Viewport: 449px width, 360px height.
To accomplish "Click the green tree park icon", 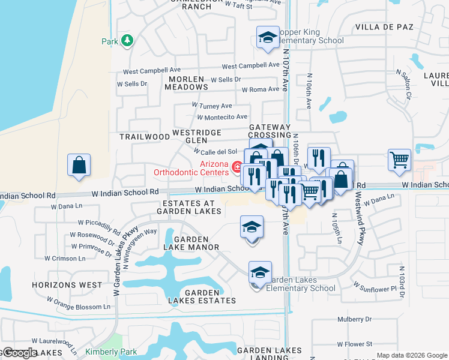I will coord(127,40).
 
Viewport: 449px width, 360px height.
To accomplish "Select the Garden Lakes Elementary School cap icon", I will coord(260,272).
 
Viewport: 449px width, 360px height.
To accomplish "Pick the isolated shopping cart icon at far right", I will coord(399,160).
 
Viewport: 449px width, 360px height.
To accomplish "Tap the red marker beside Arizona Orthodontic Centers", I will coord(237,166).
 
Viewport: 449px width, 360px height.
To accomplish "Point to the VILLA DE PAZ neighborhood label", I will coord(385,27).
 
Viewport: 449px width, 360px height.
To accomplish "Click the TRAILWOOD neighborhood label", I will coord(145,137).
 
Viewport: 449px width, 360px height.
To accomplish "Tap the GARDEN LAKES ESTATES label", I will coord(210,296).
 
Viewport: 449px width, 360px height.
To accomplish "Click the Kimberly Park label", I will coord(111,352).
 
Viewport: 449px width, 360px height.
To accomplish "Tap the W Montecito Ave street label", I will coord(221,117).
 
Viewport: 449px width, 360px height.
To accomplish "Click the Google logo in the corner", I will coord(19,353).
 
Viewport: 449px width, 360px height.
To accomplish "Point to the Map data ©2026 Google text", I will coord(411,355).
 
